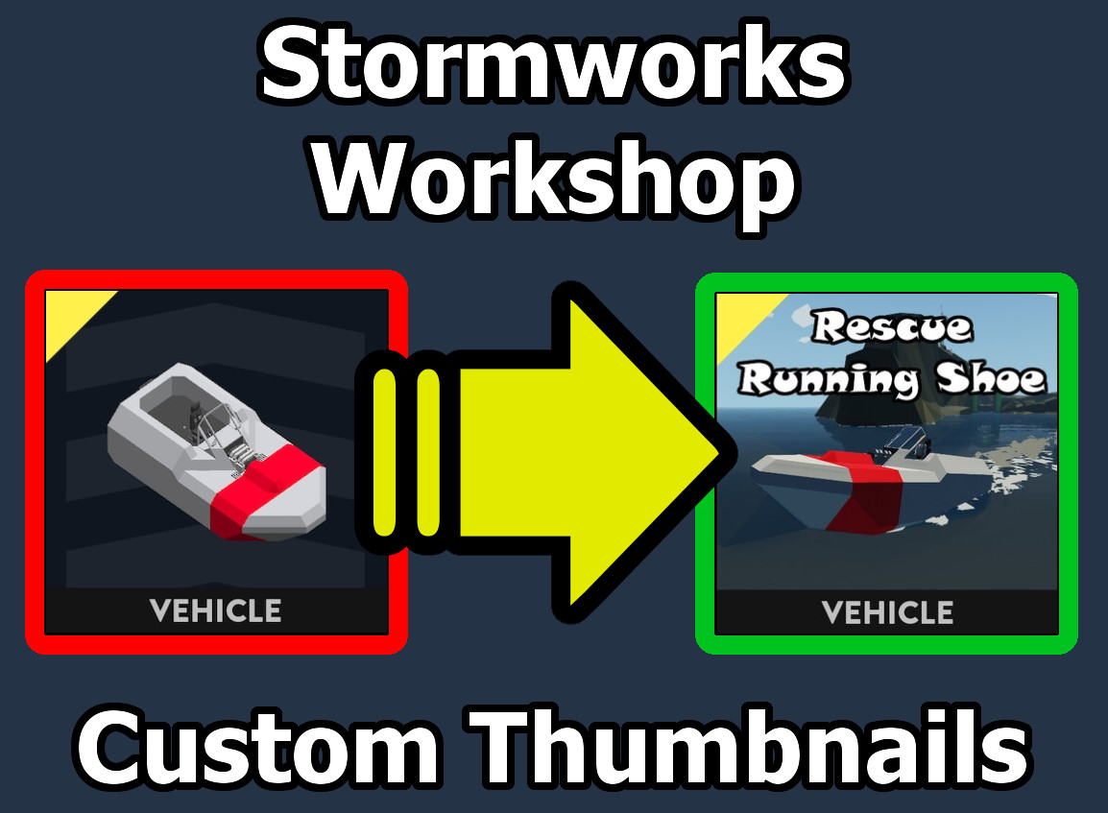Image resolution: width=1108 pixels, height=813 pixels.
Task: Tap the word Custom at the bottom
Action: tap(257, 748)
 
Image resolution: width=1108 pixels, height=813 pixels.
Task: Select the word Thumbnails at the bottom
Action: tap(752, 747)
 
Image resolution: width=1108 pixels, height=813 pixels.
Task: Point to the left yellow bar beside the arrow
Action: tap(385, 452)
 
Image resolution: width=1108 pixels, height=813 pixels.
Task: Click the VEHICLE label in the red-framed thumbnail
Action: tap(215, 611)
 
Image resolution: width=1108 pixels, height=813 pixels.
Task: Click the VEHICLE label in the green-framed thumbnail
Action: tap(887, 612)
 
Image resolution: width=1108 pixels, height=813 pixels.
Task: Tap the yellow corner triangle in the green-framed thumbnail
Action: tap(738, 317)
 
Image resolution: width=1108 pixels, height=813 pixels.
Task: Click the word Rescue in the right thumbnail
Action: tap(892, 326)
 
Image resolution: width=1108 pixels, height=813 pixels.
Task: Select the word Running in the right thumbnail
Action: tap(829, 380)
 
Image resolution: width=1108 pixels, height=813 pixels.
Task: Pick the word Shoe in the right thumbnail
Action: tap(991, 378)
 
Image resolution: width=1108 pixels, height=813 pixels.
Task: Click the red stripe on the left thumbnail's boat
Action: tap(261, 490)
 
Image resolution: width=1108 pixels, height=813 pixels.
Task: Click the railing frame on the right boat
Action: tap(904, 442)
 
